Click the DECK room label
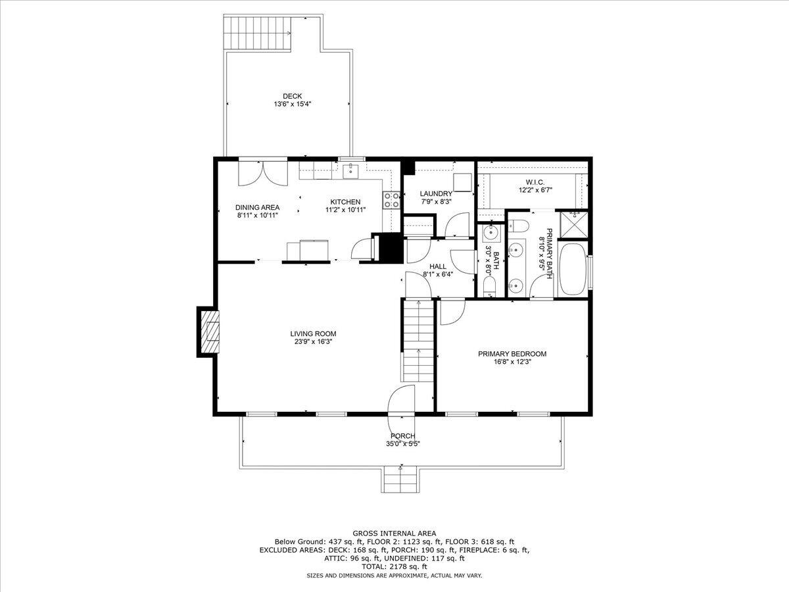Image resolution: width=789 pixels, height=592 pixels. click(x=288, y=96)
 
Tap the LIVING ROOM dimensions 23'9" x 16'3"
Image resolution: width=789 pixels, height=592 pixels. click(x=313, y=341)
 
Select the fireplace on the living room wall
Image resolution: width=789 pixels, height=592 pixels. click(x=210, y=332)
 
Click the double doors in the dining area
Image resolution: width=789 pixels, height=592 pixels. click(x=262, y=173)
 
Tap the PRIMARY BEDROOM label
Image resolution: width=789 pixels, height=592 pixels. click(x=512, y=353)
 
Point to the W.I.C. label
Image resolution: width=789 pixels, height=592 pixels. click(x=534, y=182)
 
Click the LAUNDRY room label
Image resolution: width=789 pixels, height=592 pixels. click(x=436, y=193)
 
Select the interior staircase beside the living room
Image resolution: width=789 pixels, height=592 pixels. click(x=418, y=345)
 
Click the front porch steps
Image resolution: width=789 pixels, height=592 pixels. click(x=399, y=478)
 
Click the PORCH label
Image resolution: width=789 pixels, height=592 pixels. click(x=402, y=435)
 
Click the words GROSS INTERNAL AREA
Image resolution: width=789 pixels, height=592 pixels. click(x=394, y=533)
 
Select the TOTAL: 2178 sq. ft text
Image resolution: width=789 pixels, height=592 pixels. click(x=394, y=566)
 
